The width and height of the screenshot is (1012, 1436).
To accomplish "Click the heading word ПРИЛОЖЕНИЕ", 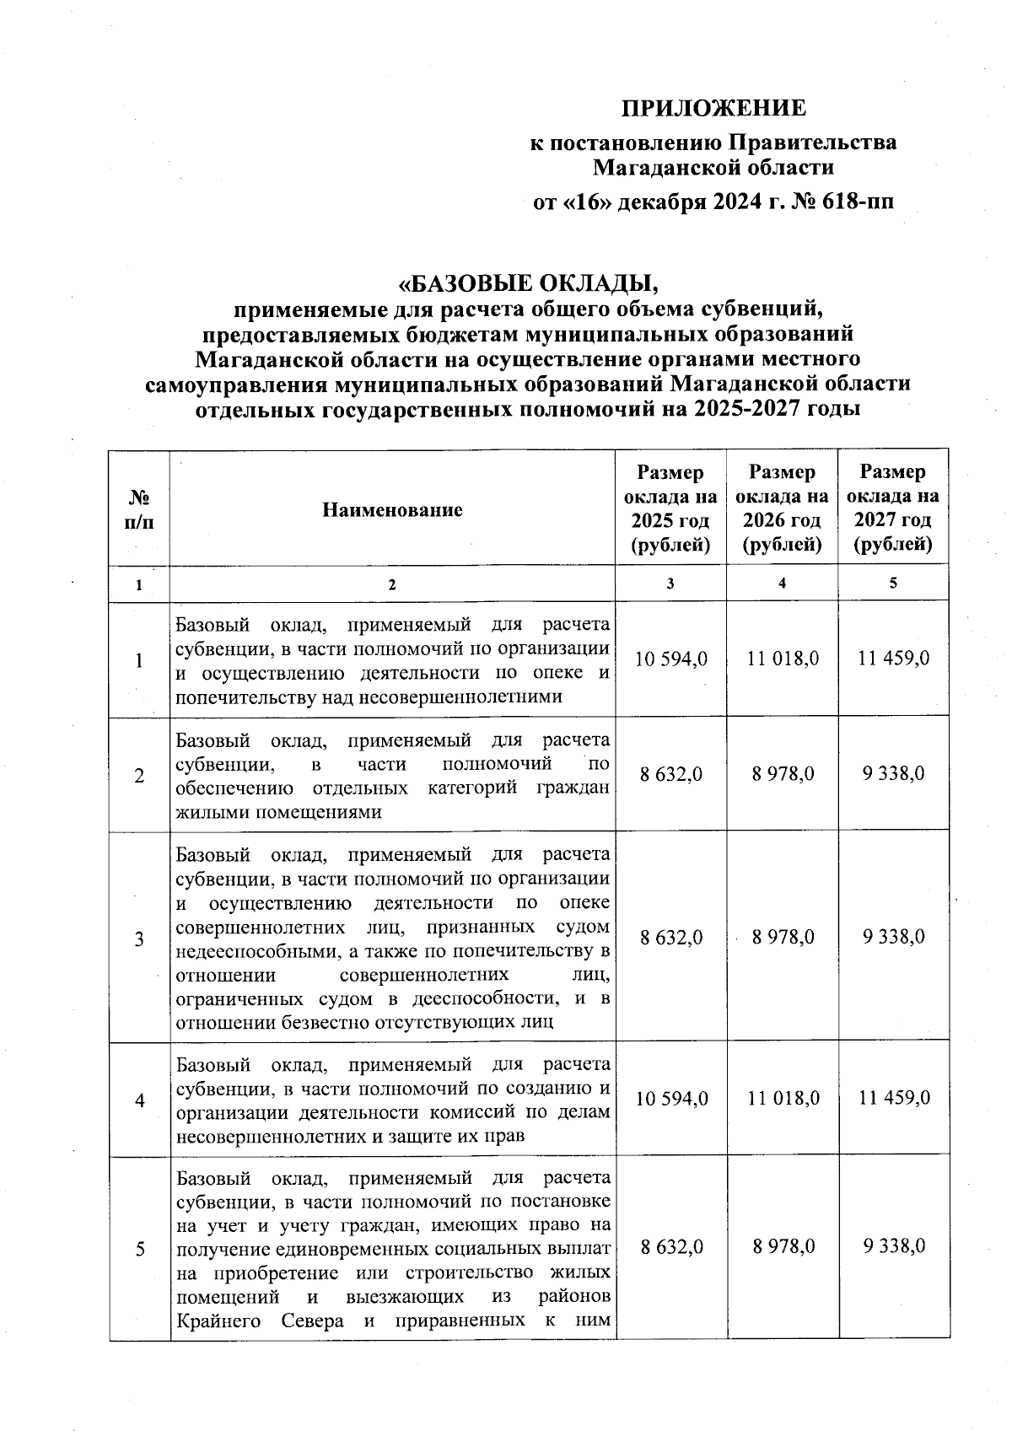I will pos(713,109).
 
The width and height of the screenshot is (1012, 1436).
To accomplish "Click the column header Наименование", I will pos(392,509).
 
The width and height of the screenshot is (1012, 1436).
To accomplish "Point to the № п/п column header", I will pos(139,509).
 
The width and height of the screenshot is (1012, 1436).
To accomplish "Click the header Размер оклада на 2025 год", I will pos(670,509).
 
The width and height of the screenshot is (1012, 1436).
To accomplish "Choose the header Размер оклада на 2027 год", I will pos(892,509).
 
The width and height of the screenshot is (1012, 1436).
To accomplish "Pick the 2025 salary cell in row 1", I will pos(671,659).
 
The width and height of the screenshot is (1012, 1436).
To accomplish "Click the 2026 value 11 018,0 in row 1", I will pos(783,659).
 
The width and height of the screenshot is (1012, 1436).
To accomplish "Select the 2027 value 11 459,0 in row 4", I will pos(894,1098).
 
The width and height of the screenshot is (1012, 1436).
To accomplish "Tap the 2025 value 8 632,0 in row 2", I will pos(671,774).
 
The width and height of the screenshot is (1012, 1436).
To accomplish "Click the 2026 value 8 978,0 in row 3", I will pos(783,937).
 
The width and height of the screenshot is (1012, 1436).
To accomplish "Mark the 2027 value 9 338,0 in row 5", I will pos(894,1246).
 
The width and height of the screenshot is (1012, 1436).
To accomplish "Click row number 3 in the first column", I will pos(139,939).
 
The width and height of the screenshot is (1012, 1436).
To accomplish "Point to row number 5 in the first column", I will pos(139,1248).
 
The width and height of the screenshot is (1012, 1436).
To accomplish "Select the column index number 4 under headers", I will pos(783,584).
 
